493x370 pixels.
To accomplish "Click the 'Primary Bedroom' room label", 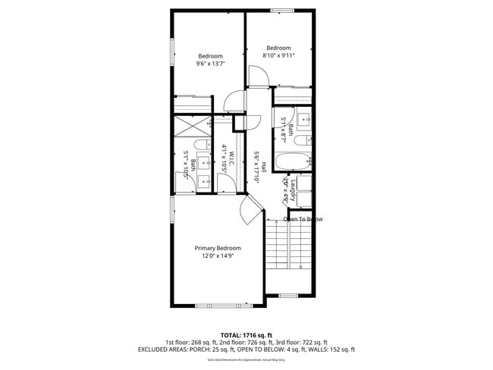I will click(x=218, y=248).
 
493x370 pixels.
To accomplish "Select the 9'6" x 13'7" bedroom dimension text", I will click(x=210, y=64).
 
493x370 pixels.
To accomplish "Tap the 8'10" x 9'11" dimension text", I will click(x=278, y=55).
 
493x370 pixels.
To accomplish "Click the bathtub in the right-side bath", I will click(x=292, y=161).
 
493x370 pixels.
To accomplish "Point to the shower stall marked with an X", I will click(x=193, y=127).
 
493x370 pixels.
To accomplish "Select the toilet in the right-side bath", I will click(x=301, y=141).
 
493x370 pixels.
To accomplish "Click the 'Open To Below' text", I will click(x=303, y=219).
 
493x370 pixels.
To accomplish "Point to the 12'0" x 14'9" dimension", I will click(x=218, y=256).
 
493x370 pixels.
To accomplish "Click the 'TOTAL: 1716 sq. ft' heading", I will click(x=246, y=334).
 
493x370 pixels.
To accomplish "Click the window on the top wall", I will click(x=282, y=10).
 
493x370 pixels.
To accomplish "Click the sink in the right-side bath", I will click(x=303, y=119).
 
